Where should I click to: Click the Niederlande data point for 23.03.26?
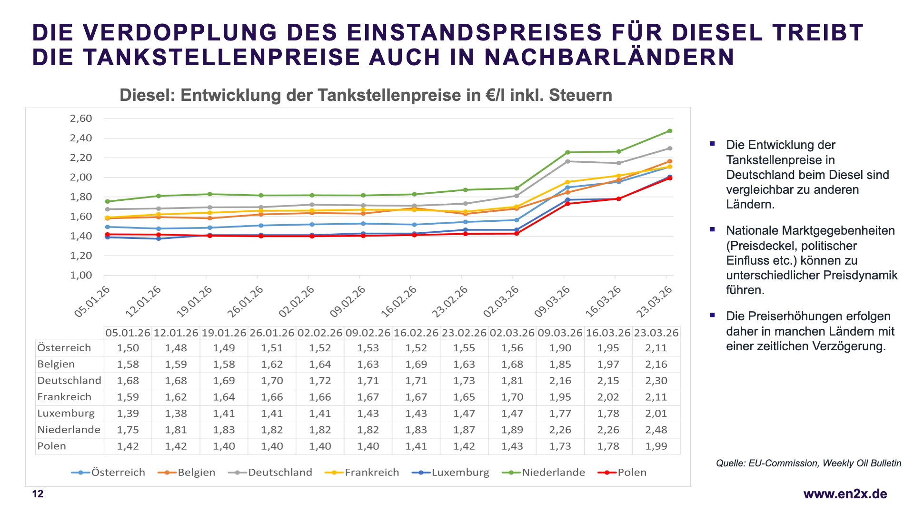pyautogui.click(x=670, y=131)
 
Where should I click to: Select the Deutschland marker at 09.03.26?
pyautogui.click(x=567, y=161)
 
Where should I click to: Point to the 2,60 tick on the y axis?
pyautogui.click(x=81, y=119)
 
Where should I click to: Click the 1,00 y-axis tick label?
pyautogui.click(x=81, y=275)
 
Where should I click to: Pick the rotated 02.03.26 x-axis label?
pyautogui.click(x=501, y=302)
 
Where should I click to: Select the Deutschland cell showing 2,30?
pyautogui.click(x=656, y=381)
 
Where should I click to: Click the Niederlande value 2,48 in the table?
pyautogui.click(x=656, y=430)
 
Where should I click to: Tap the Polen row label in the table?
pyautogui.click(x=52, y=446)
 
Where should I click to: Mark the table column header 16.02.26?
pyautogui.click(x=416, y=333)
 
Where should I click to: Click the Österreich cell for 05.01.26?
pyautogui.click(x=128, y=348)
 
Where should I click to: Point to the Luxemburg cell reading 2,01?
pyautogui.click(x=656, y=414)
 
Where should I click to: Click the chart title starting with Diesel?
pyautogui.click(x=366, y=95)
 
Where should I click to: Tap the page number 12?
pyautogui.click(x=38, y=494)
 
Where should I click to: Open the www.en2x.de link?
pyautogui.click(x=845, y=494)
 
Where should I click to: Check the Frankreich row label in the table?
pyautogui.click(x=64, y=397)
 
